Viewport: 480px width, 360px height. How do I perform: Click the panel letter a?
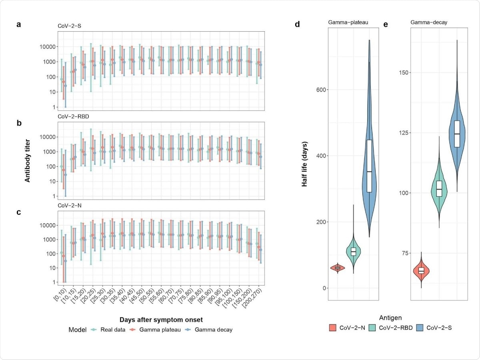tap(18, 24)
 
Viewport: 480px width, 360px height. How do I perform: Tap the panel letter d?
tap(297, 24)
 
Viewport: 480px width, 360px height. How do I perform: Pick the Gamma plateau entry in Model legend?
tap(158, 330)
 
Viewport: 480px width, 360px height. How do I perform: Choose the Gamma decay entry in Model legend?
tap(211, 330)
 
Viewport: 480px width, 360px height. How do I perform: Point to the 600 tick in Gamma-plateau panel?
tap(318, 90)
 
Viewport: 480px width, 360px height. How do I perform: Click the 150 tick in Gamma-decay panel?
tap(401, 72)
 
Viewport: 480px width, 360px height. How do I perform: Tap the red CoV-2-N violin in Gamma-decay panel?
tap(421, 271)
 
